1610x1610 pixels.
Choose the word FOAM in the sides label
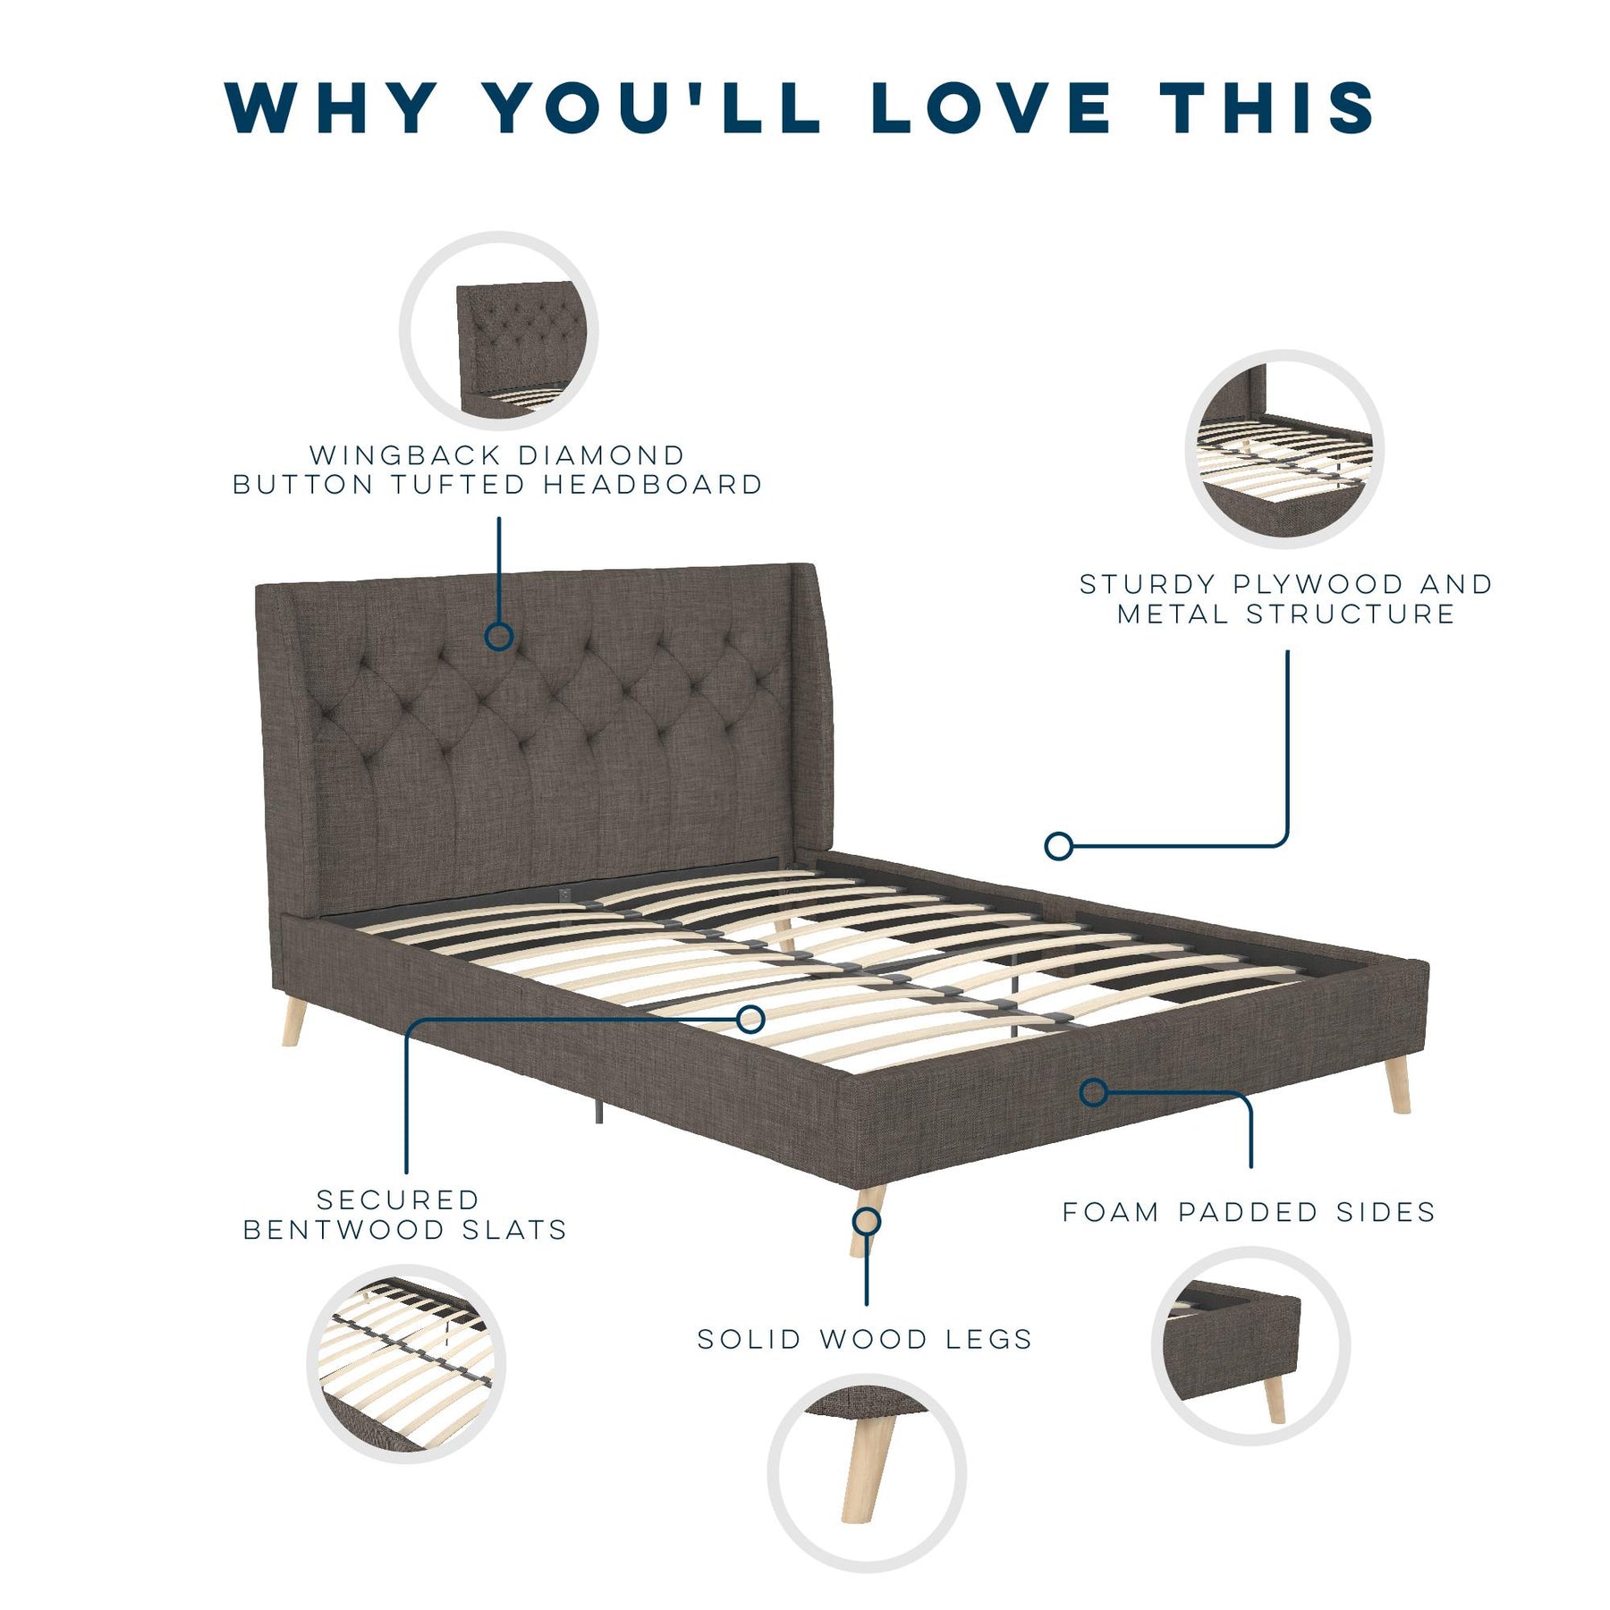[1110, 1212]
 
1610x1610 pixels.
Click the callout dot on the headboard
[498, 636]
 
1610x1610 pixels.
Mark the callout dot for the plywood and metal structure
[1059, 845]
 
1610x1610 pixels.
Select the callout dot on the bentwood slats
[750, 1019]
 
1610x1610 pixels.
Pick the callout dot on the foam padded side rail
[1093, 1092]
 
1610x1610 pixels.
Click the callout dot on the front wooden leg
[866, 1221]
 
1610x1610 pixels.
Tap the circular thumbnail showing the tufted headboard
[498, 331]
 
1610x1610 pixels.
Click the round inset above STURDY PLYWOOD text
[1284, 449]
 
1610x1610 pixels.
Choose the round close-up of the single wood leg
[867, 1473]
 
